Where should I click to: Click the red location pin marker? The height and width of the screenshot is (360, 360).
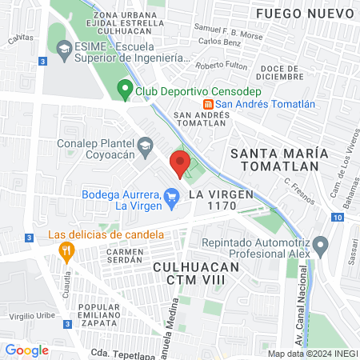coord(180,163)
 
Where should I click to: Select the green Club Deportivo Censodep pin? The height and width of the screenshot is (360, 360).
coord(124,90)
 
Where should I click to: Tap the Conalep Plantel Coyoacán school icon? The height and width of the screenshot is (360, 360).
coord(145,146)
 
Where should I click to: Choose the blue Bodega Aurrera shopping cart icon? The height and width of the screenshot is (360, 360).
coord(171,195)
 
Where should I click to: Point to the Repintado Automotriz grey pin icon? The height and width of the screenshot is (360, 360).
coord(320,244)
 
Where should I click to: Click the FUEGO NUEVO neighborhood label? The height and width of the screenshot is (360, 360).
coord(304,14)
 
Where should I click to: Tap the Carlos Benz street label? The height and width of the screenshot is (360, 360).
coord(220,41)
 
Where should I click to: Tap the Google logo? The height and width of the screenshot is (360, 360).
coord(26,350)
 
